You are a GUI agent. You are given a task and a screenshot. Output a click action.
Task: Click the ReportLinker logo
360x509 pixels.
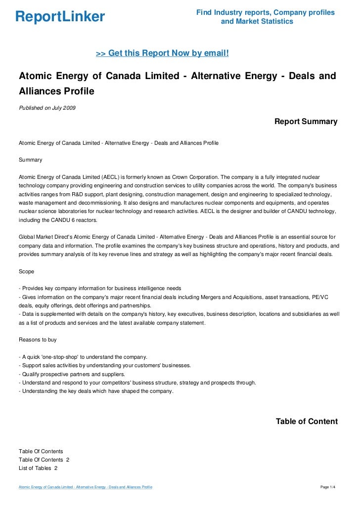tap(60, 17)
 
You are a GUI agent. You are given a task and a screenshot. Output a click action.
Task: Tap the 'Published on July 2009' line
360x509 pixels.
tap(47, 108)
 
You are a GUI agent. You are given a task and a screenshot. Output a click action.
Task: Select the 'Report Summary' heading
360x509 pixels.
tap(306, 122)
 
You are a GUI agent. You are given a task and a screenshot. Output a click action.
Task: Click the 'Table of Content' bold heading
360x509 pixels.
tap(307, 422)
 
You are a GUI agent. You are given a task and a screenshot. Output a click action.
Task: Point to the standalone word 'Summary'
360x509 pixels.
tap(30, 160)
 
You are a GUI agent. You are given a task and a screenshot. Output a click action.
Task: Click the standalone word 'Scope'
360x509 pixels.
tap(27, 271)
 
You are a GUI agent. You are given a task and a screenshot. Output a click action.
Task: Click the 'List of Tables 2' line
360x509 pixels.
tap(38, 468)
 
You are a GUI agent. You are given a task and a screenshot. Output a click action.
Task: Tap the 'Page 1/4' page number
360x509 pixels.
tap(328, 488)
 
